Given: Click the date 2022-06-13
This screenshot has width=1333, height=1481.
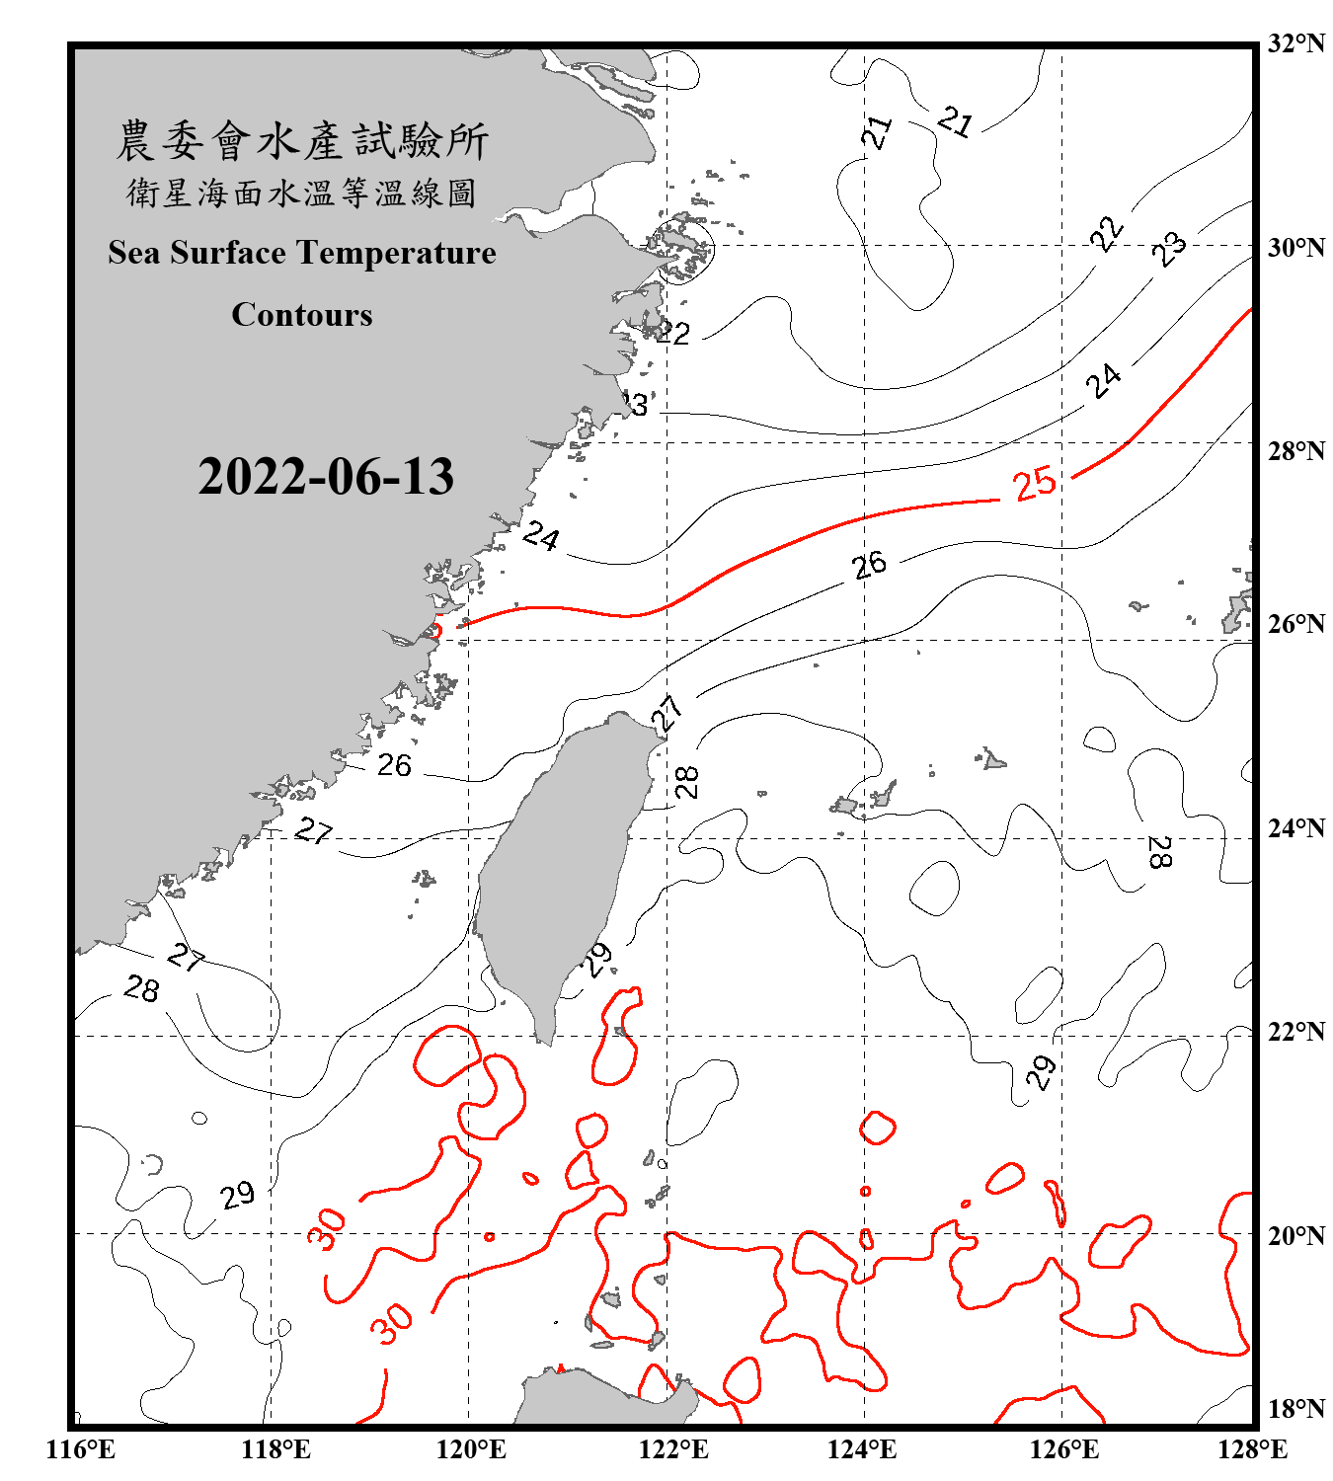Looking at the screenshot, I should [x=326, y=477].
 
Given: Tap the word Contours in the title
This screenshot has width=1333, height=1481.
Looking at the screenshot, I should [x=302, y=315].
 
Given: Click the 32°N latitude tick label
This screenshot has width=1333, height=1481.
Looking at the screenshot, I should [x=1295, y=43].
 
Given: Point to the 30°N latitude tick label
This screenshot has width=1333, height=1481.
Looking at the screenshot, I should [x=1295, y=247].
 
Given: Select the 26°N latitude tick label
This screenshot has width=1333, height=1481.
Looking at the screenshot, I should [x=1295, y=624].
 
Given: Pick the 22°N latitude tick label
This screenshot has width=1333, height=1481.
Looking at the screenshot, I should [x=1295, y=1032].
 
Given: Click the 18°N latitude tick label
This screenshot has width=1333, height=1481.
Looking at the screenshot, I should [x=1295, y=1409].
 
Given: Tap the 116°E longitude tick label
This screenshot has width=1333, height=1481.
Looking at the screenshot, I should [x=81, y=1449].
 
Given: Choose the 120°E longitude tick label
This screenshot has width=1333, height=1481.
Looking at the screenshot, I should [x=471, y=1449].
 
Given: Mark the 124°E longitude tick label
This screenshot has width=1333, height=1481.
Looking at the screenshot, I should [x=862, y=1449].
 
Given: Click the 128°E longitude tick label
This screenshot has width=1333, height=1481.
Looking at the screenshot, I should [x=1252, y=1449].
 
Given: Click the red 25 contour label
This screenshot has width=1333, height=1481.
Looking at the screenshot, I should [x=1035, y=484].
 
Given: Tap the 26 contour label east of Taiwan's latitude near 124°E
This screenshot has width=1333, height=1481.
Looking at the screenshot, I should [x=869, y=565].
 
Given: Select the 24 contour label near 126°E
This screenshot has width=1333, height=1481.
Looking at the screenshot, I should [x=1104, y=379].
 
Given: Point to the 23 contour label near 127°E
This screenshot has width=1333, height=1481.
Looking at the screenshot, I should [x=1169, y=248].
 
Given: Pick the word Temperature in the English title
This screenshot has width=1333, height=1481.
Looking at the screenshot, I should [x=397, y=253].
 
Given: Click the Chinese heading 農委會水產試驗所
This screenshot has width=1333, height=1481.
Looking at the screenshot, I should [x=302, y=141].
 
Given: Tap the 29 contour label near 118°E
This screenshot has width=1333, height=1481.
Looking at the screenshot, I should [x=237, y=1196].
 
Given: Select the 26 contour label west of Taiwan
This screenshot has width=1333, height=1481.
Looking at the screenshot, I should [x=394, y=765].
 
